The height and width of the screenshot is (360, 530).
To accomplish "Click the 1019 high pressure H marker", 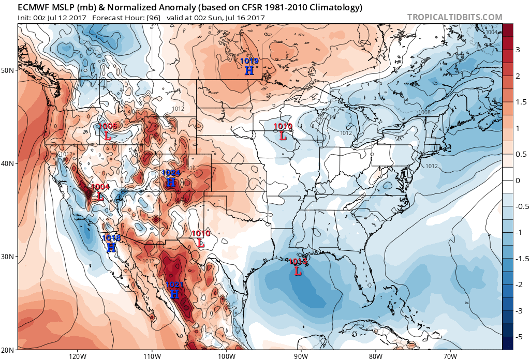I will click(249, 70).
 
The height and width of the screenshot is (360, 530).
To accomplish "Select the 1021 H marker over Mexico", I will click(174, 294).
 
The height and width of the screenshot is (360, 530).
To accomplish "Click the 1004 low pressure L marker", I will click(100, 197).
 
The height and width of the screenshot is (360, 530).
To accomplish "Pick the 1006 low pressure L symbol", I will click(107, 136).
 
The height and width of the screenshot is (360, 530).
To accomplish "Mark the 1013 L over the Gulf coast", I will click(298, 271).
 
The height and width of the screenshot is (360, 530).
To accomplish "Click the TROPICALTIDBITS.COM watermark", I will click(454, 17).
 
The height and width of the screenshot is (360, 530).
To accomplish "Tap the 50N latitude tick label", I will click(8, 70).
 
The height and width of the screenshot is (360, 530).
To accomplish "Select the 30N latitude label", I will click(8, 257).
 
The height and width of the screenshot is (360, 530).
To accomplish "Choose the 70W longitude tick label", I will click(449, 355).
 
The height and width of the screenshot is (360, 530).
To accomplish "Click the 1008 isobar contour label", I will click(424, 112).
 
